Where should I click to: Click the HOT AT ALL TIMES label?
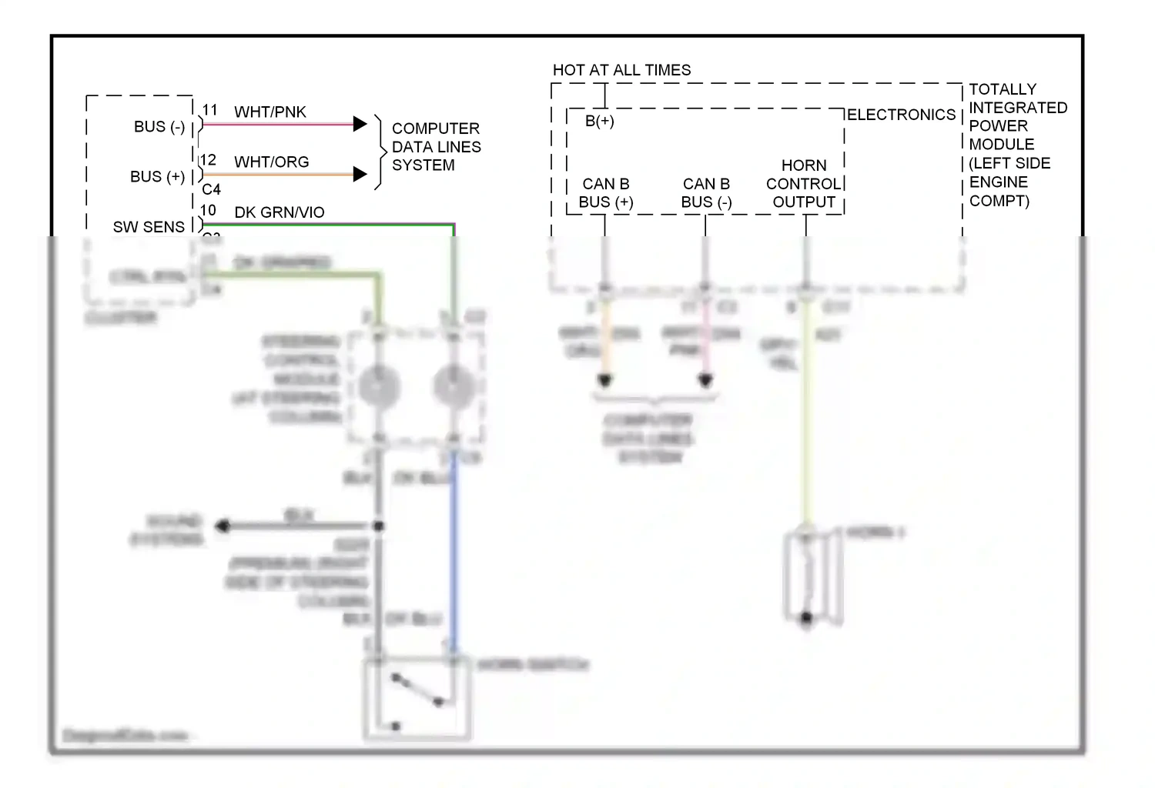[x=621, y=70]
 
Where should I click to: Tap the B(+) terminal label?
[x=599, y=121]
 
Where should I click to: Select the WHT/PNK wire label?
[x=270, y=112]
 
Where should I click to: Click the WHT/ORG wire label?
[x=272, y=162]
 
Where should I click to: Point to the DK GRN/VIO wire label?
[x=280, y=212]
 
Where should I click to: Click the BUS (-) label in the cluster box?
[x=159, y=127]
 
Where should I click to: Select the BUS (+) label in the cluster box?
[x=157, y=177]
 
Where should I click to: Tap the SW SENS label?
[x=149, y=227]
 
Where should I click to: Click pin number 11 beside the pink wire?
[x=210, y=110]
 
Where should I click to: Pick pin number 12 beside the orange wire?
[x=209, y=160]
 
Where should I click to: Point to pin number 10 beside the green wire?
[x=208, y=210]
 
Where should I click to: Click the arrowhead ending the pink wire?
[x=360, y=124]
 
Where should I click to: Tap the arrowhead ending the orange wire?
[x=360, y=174]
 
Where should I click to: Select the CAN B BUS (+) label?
[x=606, y=193]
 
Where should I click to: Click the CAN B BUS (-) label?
[x=706, y=193]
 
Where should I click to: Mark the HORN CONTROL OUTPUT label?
[x=804, y=184]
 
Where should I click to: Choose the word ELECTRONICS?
[x=901, y=115]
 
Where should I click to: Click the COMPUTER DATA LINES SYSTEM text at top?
[x=436, y=147]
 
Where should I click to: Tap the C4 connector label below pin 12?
[x=211, y=189]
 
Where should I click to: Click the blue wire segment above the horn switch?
[x=454, y=554]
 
